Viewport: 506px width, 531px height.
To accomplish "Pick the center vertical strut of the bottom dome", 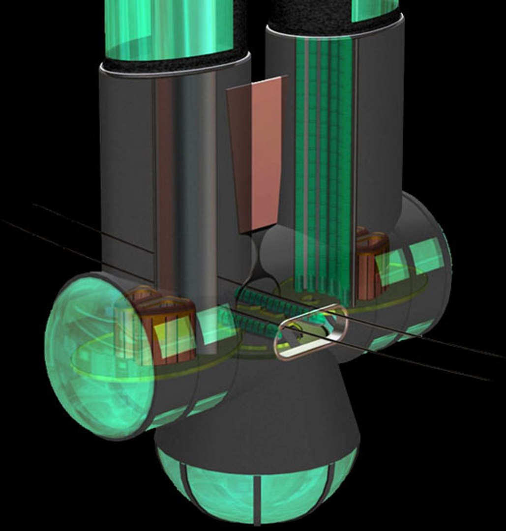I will pos(258,497).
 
